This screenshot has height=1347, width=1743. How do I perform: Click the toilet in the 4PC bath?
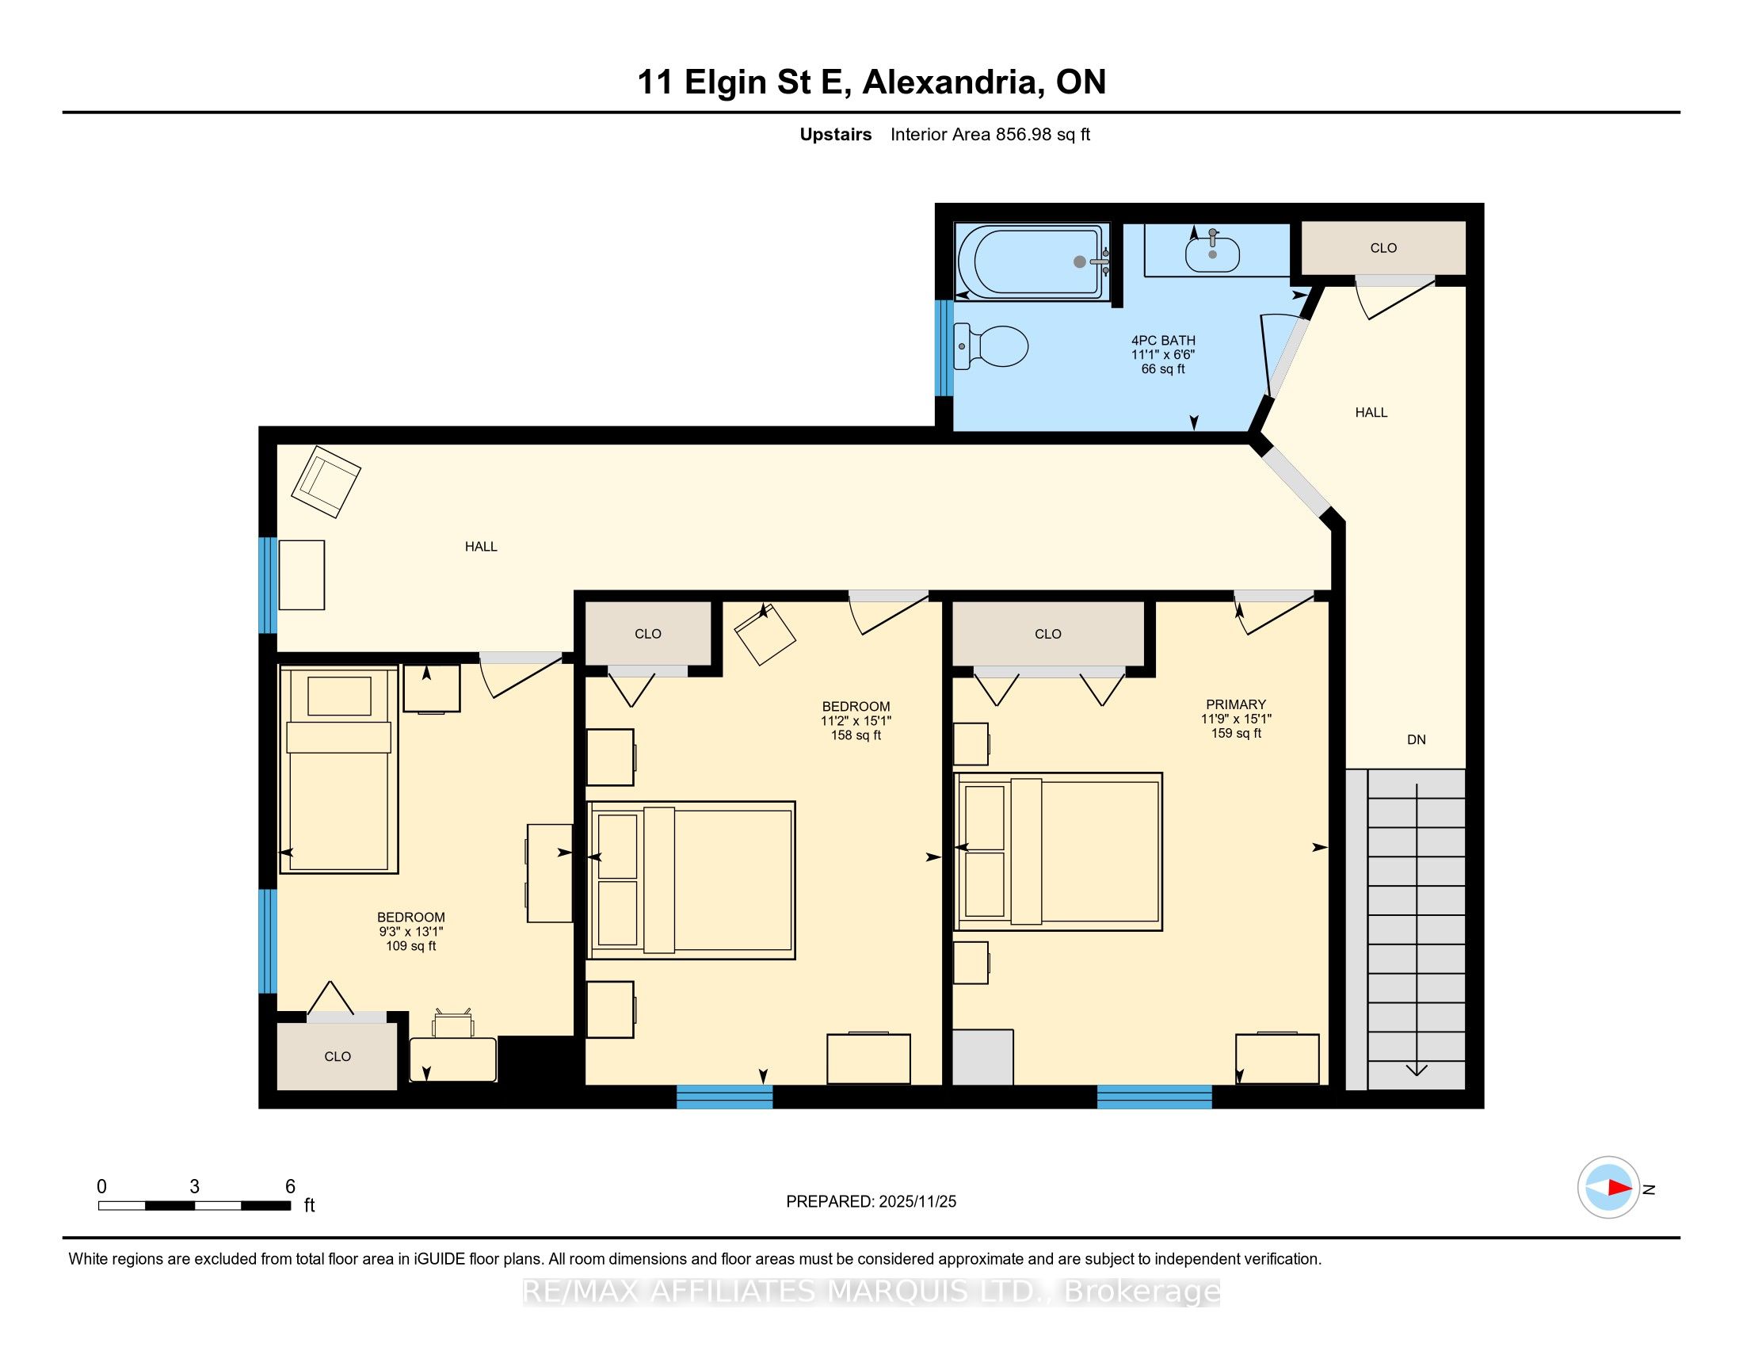click(x=990, y=346)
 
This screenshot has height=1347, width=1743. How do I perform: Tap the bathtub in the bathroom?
click(x=1033, y=261)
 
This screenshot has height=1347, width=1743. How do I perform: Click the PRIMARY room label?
click(x=1235, y=704)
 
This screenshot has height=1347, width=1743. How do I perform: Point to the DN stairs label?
click(x=1416, y=740)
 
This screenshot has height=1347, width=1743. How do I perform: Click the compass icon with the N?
click(x=1608, y=1188)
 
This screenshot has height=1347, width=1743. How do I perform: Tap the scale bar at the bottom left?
click(x=194, y=1205)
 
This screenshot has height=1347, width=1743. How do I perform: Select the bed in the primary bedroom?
click(x=1058, y=852)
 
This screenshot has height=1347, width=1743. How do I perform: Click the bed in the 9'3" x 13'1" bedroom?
click(x=338, y=769)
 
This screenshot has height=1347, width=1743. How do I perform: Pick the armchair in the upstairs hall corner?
click(x=326, y=481)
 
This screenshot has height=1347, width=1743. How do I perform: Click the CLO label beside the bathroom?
click(x=1383, y=248)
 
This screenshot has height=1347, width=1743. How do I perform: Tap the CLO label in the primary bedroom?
click(x=1048, y=635)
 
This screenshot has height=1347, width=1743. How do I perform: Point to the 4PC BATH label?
click(x=1163, y=341)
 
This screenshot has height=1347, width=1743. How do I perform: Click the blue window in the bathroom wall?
click(x=944, y=348)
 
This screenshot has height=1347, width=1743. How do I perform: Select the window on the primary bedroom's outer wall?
click(x=1154, y=1097)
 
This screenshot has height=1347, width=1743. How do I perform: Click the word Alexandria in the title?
click(x=953, y=82)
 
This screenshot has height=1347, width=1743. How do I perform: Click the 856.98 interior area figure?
click(x=1024, y=135)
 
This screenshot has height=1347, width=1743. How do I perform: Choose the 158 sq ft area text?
click(x=856, y=735)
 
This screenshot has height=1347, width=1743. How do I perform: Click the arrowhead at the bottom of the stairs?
click(x=1417, y=1070)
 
